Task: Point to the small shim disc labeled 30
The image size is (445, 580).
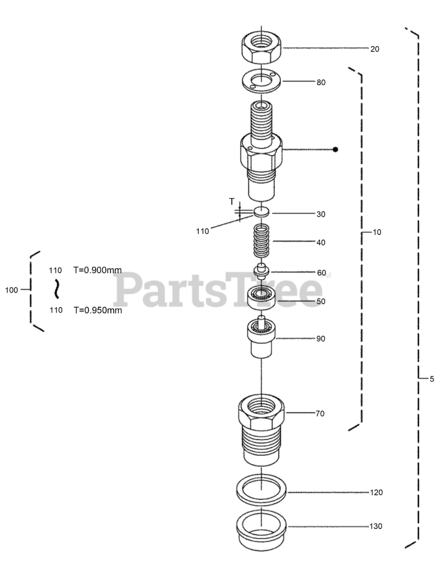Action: [x=261, y=211]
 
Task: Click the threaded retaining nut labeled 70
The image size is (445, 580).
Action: [x=261, y=426]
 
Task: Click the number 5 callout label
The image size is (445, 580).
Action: [x=431, y=379]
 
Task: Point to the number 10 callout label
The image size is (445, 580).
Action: [x=377, y=232]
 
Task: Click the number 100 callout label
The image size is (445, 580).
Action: [x=12, y=290]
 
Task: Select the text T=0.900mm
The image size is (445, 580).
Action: [x=98, y=270]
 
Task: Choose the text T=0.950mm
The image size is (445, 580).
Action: [x=98, y=310]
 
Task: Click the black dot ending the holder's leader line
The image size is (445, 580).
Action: [x=336, y=149]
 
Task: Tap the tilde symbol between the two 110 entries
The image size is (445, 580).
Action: [x=57, y=289]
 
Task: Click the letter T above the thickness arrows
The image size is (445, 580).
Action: [x=232, y=202]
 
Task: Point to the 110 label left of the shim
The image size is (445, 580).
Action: [x=202, y=231]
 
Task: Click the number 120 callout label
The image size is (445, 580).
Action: [x=376, y=492]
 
